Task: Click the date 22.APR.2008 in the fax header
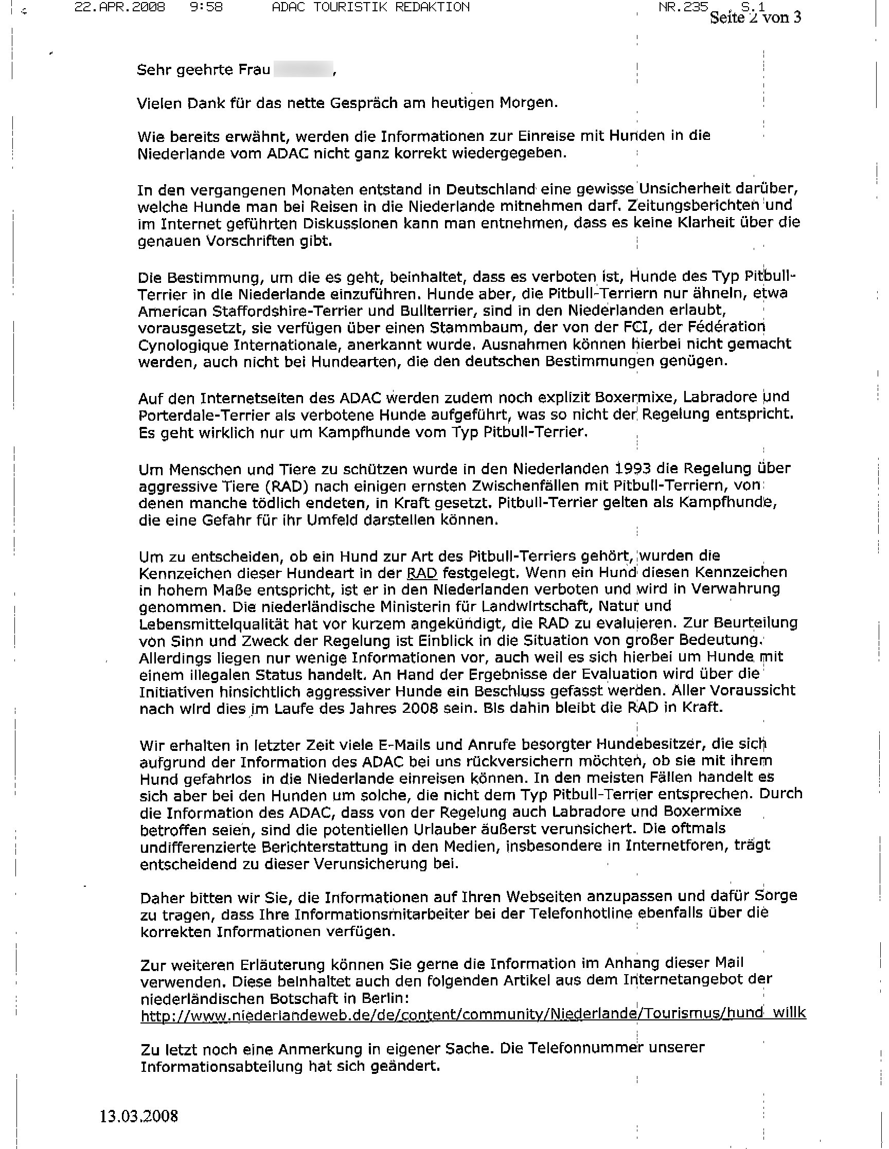coord(119,7)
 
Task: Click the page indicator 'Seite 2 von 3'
coord(755,18)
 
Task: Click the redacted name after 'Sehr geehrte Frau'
coord(303,69)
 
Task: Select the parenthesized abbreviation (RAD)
coord(284,486)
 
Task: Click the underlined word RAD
coord(422,573)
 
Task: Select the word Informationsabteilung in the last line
coord(216,1066)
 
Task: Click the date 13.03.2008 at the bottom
coord(139,1116)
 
